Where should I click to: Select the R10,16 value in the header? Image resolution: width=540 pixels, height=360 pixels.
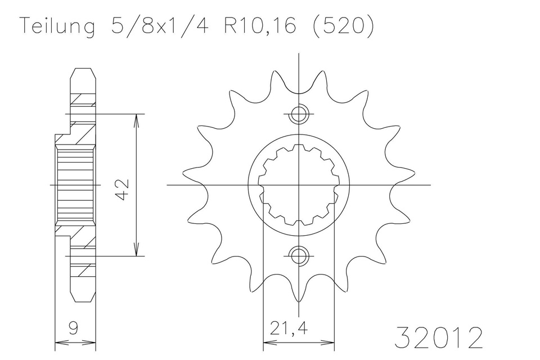point(260,25)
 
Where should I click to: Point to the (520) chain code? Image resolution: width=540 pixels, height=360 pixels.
point(343,26)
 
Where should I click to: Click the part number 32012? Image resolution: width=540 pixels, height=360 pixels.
point(438,338)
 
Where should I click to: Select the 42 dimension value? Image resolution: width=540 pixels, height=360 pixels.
point(122,189)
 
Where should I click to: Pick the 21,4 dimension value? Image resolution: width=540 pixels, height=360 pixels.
point(289,328)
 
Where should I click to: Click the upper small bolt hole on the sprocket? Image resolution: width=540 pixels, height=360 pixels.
point(299,114)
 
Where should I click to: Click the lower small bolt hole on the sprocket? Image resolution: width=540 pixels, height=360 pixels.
point(299,256)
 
